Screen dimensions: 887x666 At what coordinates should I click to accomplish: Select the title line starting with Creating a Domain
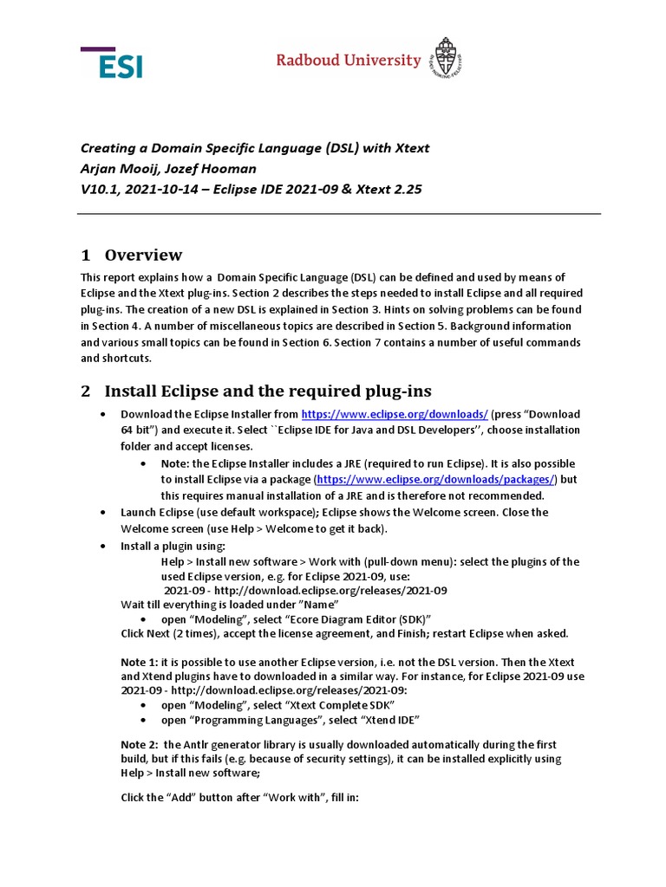click(254, 148)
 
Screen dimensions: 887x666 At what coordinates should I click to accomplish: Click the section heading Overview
click(143, 255)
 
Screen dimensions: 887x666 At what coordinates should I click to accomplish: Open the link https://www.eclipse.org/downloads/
click(394, 414)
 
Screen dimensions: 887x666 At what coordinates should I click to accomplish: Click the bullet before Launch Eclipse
click(103, 513)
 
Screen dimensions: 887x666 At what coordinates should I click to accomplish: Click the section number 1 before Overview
click(85, 255)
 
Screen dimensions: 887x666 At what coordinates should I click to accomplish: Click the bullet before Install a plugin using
click(103, 547)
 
